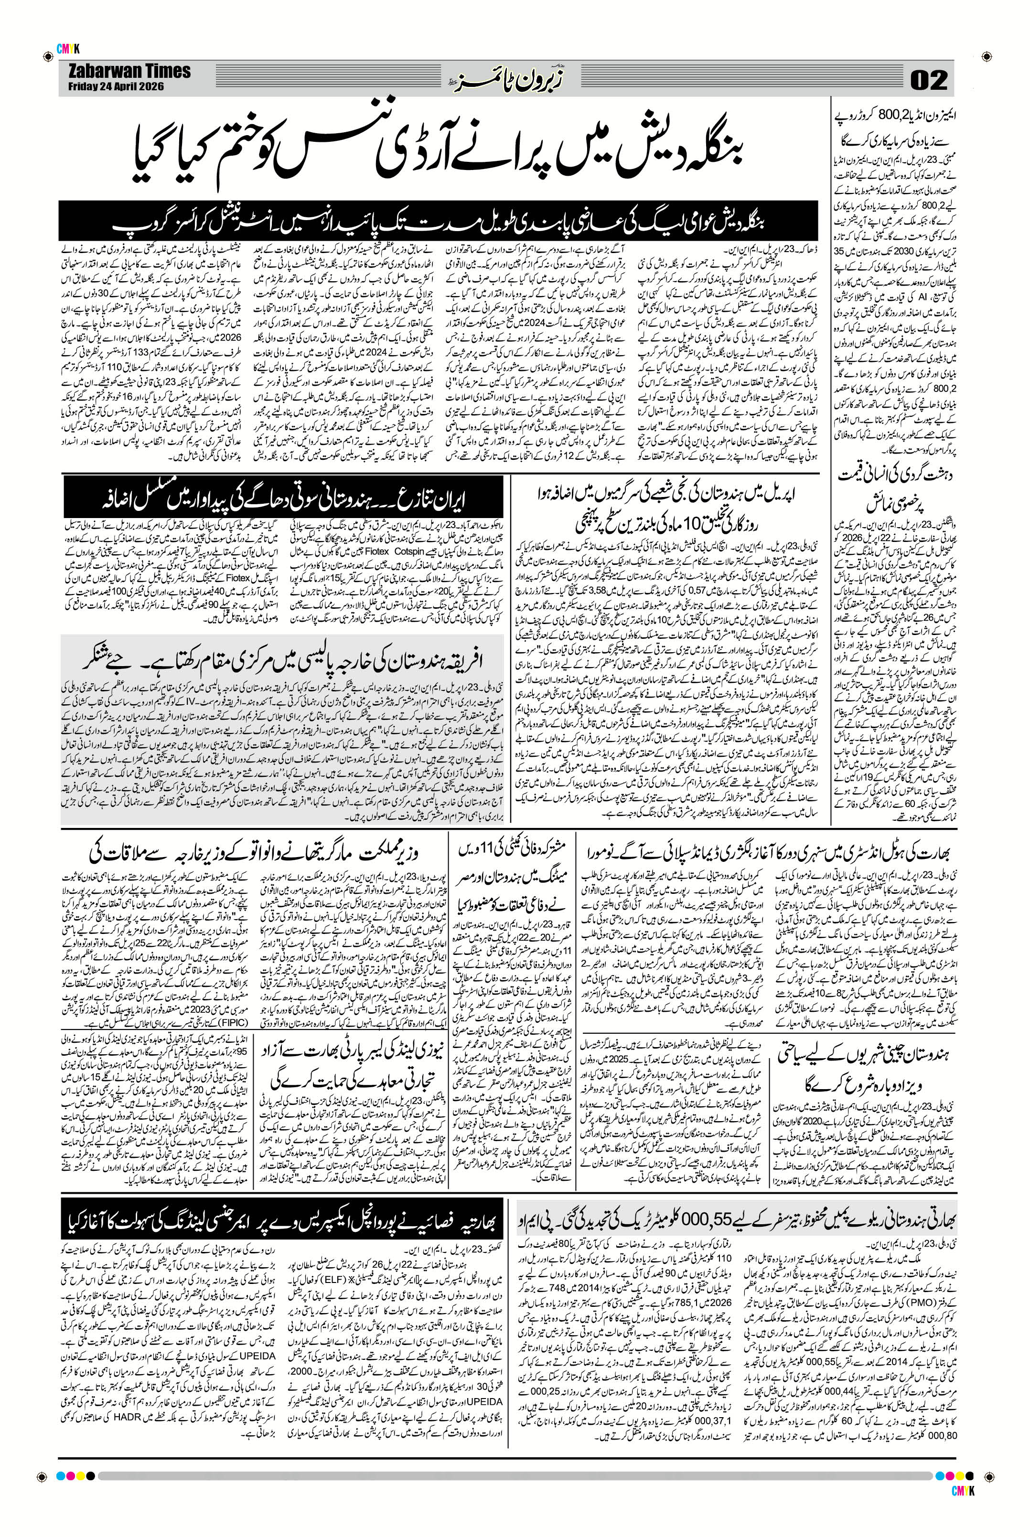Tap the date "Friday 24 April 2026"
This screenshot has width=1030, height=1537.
pyautogui.click(x=115, y=86)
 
